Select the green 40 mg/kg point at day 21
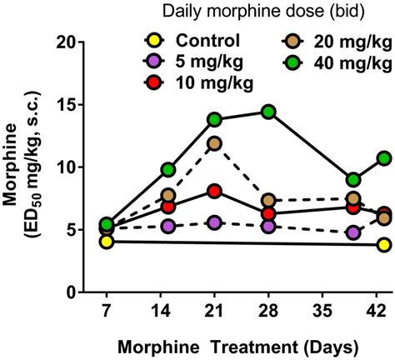(x=216, y=120)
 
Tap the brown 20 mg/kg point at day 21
(x=216, y=143)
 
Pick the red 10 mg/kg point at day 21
(x=216, y=191)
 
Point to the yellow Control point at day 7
(x=106, y=242)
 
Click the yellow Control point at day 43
(x=383, y=245)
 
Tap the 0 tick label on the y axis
(x=74, y=293)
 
